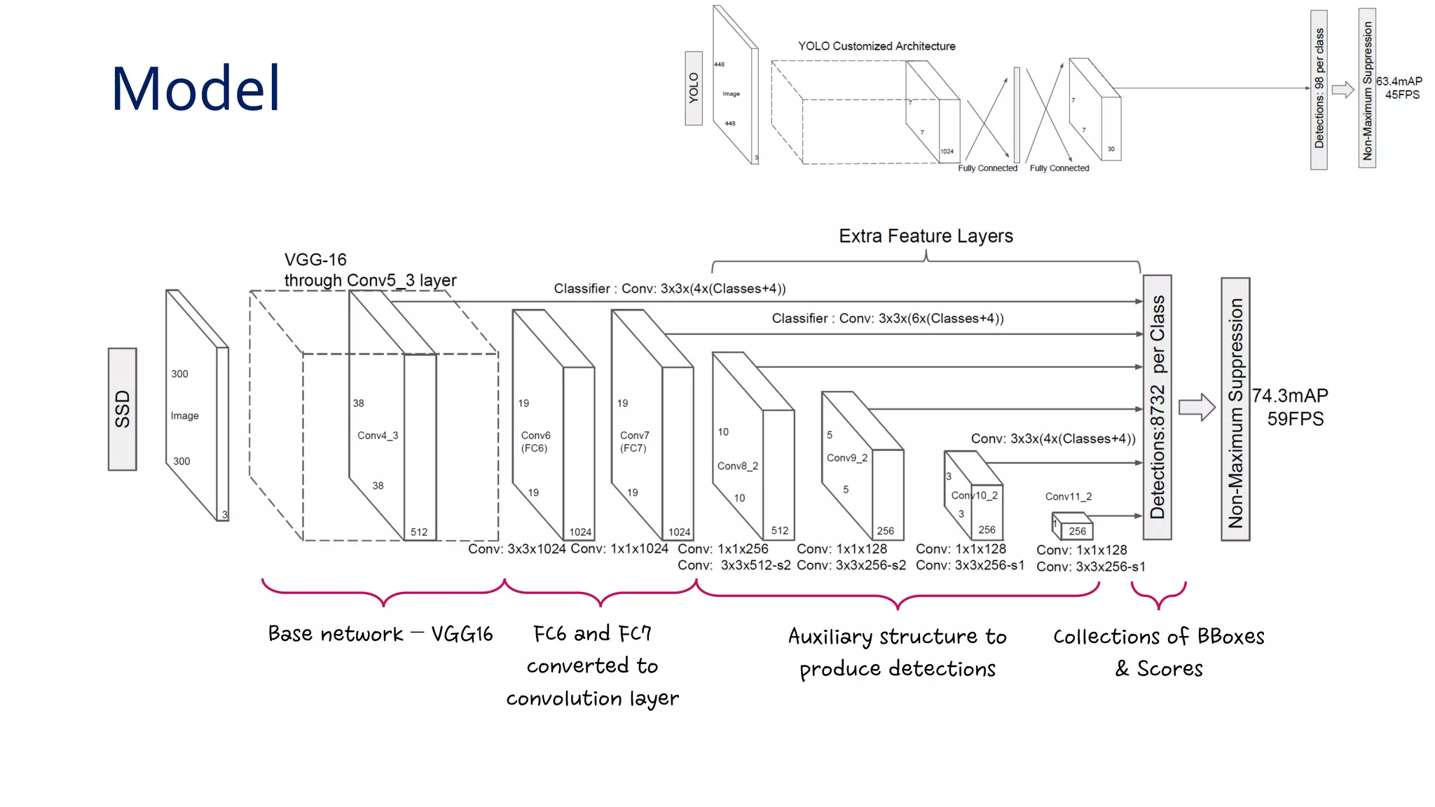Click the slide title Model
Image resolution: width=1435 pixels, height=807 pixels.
(x=195, y=89)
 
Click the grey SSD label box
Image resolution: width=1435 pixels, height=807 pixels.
(x=122, y=409)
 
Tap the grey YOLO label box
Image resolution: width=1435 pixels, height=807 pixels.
(x=693, y=88)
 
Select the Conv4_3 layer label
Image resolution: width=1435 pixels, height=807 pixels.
(x=377, y=436)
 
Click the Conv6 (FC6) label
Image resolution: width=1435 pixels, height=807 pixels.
(x=535, y=442)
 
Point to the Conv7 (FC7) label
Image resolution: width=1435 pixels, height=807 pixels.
(x=634, y=442)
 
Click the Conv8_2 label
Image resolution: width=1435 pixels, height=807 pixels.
(x=737, y=466)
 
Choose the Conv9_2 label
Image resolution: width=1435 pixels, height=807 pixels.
(x=846, y=458)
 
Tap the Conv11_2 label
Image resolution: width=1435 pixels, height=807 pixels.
(x=1068, y=497)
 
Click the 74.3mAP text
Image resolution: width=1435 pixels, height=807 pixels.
(x=1289, y=396)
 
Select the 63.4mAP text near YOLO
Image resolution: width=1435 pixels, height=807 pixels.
(x=1399, y=81)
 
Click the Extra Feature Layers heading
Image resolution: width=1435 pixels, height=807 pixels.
(x=926, y=236)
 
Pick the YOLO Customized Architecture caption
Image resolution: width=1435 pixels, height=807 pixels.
(x=876, y=46)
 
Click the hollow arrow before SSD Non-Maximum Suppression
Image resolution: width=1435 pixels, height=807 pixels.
(x=1196, y=407)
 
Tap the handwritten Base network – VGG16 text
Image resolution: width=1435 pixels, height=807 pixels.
(x=380, y=634)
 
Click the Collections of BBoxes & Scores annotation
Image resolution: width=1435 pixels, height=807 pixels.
(x=1158, y=651)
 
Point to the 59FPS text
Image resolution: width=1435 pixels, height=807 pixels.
(x=1295, y=419)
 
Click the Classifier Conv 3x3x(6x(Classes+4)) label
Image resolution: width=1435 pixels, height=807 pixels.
(x=887, y=319)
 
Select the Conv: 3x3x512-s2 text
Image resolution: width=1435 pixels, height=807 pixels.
(x=734, y=565)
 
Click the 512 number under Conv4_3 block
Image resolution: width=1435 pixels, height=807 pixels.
(x=419, y=532)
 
